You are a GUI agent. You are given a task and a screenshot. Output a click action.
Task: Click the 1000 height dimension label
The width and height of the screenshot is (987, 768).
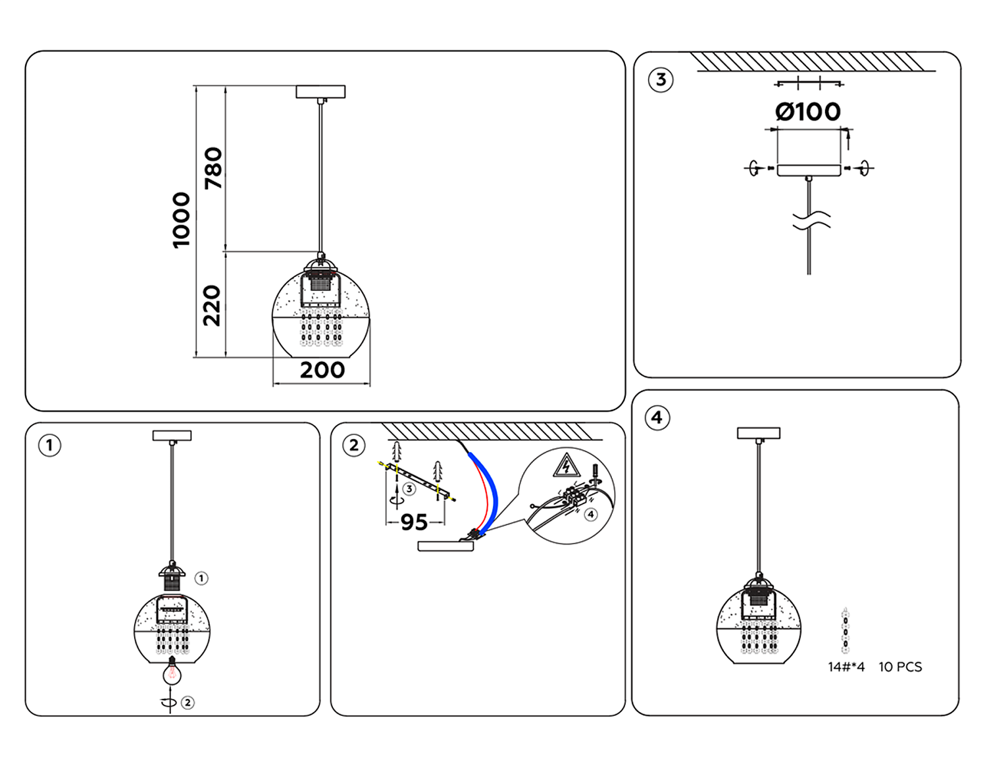click(181, 220)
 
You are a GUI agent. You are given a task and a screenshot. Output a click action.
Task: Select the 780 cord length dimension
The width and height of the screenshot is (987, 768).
click(213, 168)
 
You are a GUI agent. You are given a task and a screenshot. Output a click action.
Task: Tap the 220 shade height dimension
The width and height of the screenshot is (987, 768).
click(212, 305)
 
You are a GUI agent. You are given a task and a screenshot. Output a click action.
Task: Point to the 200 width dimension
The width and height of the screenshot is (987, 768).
click(322, 371)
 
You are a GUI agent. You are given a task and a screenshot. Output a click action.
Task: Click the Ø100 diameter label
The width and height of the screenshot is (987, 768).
click(808, 112)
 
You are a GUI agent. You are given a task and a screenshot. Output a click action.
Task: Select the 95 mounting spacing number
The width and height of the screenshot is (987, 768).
click(414, 523)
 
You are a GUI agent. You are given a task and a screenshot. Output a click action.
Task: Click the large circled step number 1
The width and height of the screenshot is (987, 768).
click(50, 446)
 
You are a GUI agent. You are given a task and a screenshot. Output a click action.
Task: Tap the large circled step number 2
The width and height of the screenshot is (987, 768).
click(354, 446)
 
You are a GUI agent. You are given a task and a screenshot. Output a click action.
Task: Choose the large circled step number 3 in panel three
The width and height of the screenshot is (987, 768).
click(661, 80)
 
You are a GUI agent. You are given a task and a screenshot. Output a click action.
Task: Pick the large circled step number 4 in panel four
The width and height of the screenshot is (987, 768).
click(657, 418)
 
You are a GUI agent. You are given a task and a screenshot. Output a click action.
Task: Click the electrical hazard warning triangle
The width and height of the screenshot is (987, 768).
click(566, 465)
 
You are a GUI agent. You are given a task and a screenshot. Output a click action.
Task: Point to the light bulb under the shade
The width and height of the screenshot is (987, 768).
click(172, 672)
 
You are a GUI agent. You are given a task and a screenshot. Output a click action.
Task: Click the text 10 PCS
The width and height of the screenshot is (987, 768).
click(900, 667)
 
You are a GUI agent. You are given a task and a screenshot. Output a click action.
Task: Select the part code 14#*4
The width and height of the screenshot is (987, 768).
click(846, 667)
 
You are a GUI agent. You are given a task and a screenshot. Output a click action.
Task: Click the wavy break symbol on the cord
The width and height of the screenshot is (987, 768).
click(811, 221)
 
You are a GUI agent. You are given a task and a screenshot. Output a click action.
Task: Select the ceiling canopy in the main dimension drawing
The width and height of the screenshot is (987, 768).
click(320, 91)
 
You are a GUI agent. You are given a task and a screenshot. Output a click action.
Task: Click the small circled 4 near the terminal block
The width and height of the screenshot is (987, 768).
click(591, 514)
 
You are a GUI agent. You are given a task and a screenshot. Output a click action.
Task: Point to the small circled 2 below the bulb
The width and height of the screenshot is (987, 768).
click(188, 703)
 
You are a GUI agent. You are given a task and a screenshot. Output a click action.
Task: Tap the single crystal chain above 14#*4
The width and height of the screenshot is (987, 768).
click(846, 632)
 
